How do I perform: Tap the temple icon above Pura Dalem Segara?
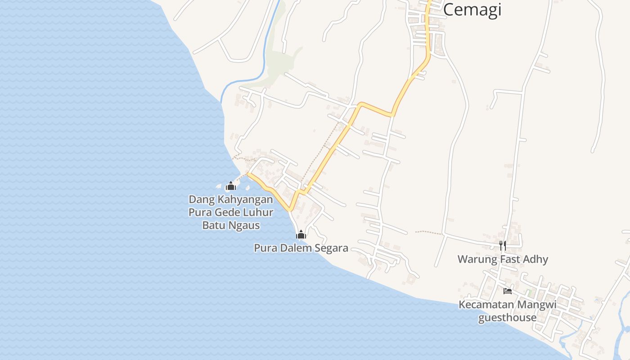pyautogui.click(x=301, y=234)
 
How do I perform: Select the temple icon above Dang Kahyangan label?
pyautogui.click(x=231, y=186)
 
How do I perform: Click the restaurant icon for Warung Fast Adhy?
pyautogui.click(x=503, y=245)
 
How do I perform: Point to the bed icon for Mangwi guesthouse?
pyautogui.click(x=508, y=291)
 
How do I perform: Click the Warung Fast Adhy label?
pyautogui.click(x=503, y=259)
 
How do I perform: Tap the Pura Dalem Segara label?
pyautogui.click(x=301, y=248)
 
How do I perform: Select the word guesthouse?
pyautogui.click(x=507, y=318)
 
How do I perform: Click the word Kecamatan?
pyautogui.click(x=486, y=305)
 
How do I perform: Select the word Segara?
pyautogui.click(x=332, y=248)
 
